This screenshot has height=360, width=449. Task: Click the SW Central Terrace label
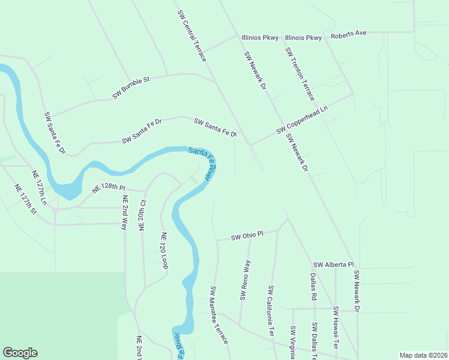(x=192, y=35)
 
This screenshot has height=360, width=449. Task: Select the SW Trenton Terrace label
(x=300, y=74)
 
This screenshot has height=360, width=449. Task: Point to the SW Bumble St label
(x=130, y=88)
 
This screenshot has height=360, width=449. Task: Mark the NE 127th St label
(x=26, y=199)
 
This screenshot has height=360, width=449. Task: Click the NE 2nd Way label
(x=125, y=213)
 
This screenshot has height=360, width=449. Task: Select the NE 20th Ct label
(x=142, y=216)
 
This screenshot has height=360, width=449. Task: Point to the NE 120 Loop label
(x=163, y=250)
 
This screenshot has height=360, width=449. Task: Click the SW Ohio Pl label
(x=247, y=236)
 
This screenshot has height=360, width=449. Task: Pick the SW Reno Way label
(x=245, y=280)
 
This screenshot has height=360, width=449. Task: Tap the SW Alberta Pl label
(x=334, y=265)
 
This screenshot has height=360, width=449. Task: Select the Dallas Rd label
(x=313, y=287)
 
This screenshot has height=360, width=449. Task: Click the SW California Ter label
(x=271, y=310)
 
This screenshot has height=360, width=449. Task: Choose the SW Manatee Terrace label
(x=219, y=314)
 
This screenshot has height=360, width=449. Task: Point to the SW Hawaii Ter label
(x=336, y=328)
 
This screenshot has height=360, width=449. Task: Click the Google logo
(x=20, y=353)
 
